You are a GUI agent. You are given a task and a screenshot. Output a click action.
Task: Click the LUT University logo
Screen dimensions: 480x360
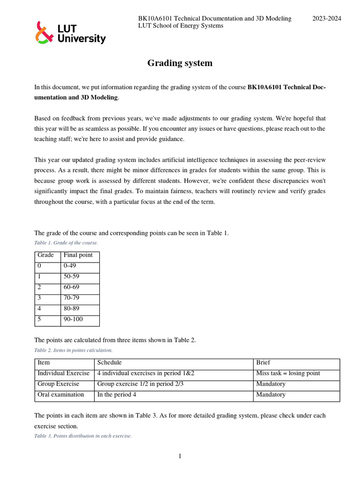[71, 33]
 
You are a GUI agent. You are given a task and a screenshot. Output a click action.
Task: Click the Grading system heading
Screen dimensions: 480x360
[180, 63]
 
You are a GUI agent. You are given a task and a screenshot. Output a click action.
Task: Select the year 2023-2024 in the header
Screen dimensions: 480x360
[327, 19]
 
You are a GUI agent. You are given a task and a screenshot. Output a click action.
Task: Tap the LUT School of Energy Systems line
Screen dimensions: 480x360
[180, 26]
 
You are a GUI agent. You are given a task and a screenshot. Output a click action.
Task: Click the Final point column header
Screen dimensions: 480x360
[78, 255]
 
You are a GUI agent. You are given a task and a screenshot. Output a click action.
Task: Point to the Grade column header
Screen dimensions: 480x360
[45, 255]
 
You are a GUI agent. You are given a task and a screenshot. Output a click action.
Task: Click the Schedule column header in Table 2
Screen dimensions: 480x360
[109, 363]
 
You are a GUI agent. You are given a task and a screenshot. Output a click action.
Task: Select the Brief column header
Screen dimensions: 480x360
[263, 363]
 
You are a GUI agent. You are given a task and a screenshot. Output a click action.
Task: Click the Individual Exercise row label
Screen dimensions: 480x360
[63, 374]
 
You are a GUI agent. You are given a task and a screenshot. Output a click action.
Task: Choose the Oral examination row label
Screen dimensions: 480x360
[60, 395]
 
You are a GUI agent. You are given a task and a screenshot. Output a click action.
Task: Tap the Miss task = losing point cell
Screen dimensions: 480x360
[288, 374]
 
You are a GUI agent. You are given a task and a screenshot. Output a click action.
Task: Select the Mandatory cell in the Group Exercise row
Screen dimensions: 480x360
[270, 384]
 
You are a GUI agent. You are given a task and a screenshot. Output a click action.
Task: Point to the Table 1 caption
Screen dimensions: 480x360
[66, 243]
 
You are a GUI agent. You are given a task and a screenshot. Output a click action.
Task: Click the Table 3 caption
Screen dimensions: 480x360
[83, 436]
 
